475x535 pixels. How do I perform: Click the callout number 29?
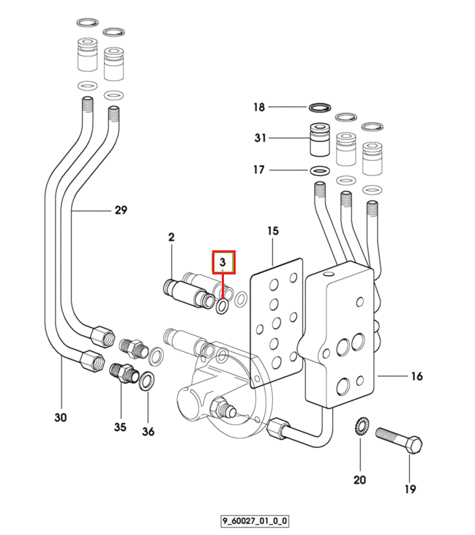(x=121, y=210)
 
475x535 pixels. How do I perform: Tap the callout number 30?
(x=61, y=418)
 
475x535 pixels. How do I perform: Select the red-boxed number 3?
(x=222, y=262)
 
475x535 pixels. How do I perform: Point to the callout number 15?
(x=273, y=231)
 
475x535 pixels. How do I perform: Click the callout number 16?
(x=416, y=376)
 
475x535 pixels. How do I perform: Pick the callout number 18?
(x=259, y=107)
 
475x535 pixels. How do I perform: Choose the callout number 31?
(x=260, y=138)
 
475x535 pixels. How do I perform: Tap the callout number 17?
(x=258, y=170)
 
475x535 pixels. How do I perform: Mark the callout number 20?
(x=359, y=480)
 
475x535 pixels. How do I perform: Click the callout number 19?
(x=410, y=489)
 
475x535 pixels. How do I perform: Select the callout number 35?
(x=120, y=427)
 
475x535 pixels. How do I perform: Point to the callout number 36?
(x=148, y=432)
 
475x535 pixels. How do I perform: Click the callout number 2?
(x=171, y=237)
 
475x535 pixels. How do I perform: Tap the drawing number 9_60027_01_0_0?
(x=255, y=521)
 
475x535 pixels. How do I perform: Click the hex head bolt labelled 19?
(x=399, y=441)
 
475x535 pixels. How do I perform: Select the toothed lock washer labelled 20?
(x=359, y=426)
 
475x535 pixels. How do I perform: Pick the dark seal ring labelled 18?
(x=320, y=108)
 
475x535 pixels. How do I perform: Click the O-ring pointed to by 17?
(x=320, y=170)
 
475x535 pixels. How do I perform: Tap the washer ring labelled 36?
(x=147, y=381)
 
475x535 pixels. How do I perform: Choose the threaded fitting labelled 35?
(x=124, y=373)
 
